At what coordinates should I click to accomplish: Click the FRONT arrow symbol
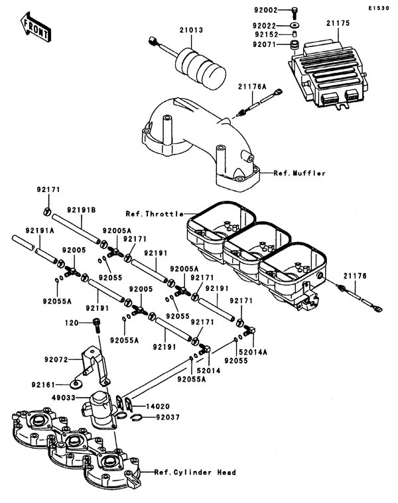pyautogui.click(x=34, y=25)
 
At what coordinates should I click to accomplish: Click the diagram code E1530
pyautogui.click(x=381, y=9)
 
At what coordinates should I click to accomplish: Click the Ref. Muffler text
pyautogui.click(x=299, y=173)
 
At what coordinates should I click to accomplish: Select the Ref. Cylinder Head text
pyautogui.click(x=194, y=473)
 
